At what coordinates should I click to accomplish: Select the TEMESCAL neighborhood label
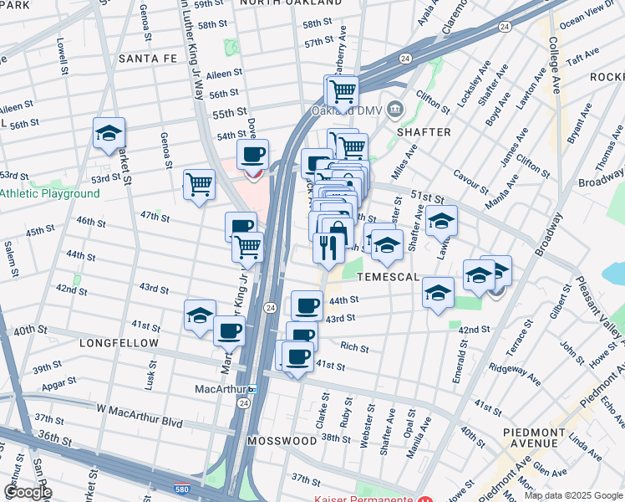(387, 276)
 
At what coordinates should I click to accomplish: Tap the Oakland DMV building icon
(395, 110)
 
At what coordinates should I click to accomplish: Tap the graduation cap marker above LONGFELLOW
(200, 315)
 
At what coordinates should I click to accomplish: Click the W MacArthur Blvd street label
(139, 410)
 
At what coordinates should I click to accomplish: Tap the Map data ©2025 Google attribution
(573, 495)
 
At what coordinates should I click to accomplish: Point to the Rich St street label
(354, 346)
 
